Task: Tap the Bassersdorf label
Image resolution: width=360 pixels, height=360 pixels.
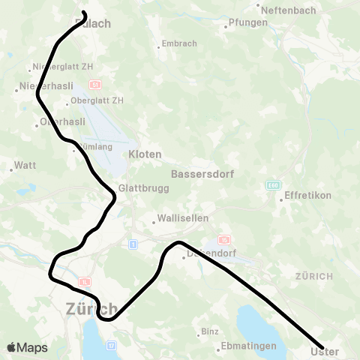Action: tap(202, 173)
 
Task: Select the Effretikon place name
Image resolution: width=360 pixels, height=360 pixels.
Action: tap(307, 196)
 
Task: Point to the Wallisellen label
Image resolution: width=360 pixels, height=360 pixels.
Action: tap(178, 220)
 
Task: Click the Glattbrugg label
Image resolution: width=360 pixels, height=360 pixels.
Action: tap(138, 189)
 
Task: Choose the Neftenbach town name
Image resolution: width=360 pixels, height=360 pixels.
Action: tap(283, 7)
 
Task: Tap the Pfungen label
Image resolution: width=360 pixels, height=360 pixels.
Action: tap(247, 22)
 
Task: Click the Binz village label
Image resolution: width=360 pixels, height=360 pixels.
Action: tap(209, 331)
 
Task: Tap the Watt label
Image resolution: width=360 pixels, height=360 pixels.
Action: tap(25, 166)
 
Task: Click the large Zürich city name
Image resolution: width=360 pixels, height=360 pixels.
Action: tap(91, 308)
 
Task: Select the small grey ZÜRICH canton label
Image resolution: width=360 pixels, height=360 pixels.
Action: tap(314, 276)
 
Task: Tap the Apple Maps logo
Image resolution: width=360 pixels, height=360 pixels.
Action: tap(27, 347)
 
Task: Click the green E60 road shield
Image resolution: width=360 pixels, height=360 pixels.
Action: tap(271, 184)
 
